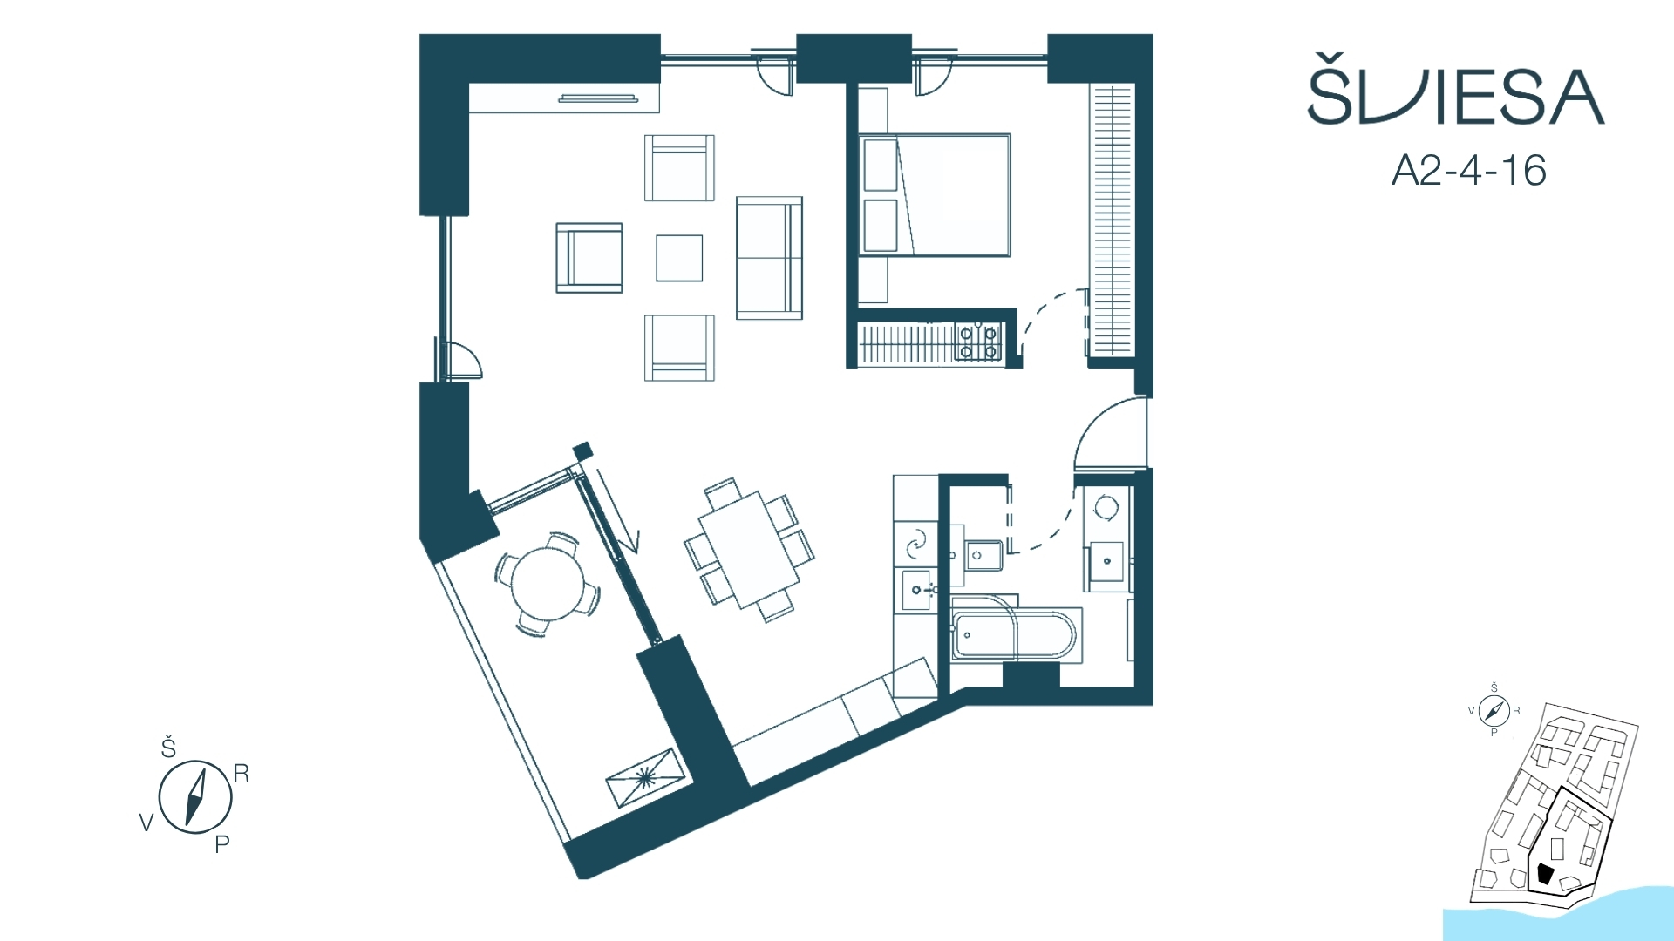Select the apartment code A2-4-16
[x=1469, y=171]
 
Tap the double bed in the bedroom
[x=935, y=195]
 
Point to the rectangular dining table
[x=749, y=550]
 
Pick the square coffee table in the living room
[x=679, y=258]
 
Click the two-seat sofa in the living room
[x=769, y=258]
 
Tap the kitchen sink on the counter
[x=917, y=590]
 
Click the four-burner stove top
[x=978, y=342]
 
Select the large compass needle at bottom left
[x=195, y=796]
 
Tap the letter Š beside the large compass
[x=168, y=748]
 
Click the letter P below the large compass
[x=222, y=843]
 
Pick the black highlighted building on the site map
[x=1546, y=874]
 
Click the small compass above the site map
[x=1494, y=711]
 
